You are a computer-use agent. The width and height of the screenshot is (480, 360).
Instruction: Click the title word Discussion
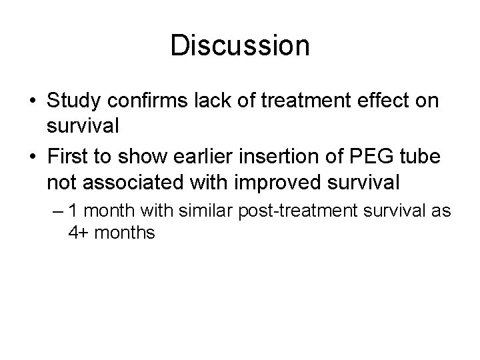[x=240, y=46]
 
